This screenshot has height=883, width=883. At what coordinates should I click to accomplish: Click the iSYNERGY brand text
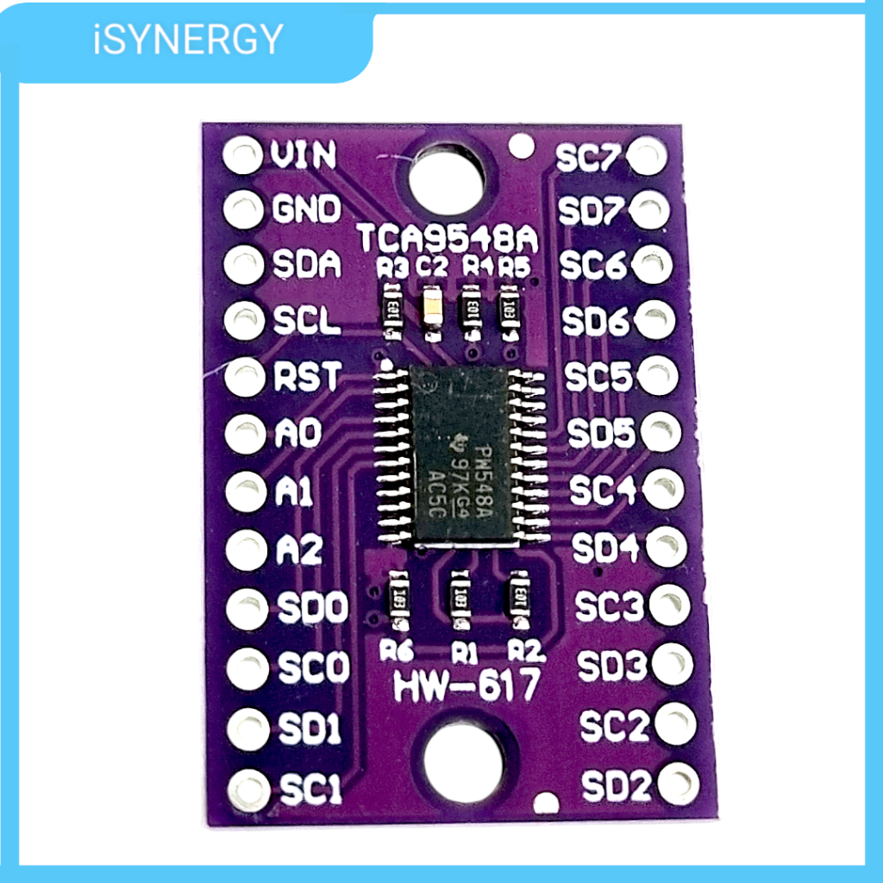click(x=188, y=40)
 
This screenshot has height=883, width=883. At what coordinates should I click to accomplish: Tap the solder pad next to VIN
click(x=242, y=156)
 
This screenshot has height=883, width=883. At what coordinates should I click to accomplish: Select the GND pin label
click(x=307, y=210)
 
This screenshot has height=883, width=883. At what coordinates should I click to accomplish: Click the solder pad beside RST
click(x=245, y=377)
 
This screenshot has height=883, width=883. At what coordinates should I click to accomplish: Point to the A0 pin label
click(x=298, y=433)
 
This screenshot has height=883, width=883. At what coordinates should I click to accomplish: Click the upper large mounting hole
click(x=448, y=178)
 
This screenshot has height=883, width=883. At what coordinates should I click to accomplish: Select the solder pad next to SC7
click(x=648, y=156)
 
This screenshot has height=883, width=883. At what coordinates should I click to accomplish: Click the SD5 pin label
click(x=601, y=434)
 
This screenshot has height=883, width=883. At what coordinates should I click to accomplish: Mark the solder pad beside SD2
click(x=679, y=783)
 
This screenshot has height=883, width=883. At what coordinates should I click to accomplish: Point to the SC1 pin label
click(x=310, y=788)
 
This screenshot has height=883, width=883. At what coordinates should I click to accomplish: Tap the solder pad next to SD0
click(x=247, y=609)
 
